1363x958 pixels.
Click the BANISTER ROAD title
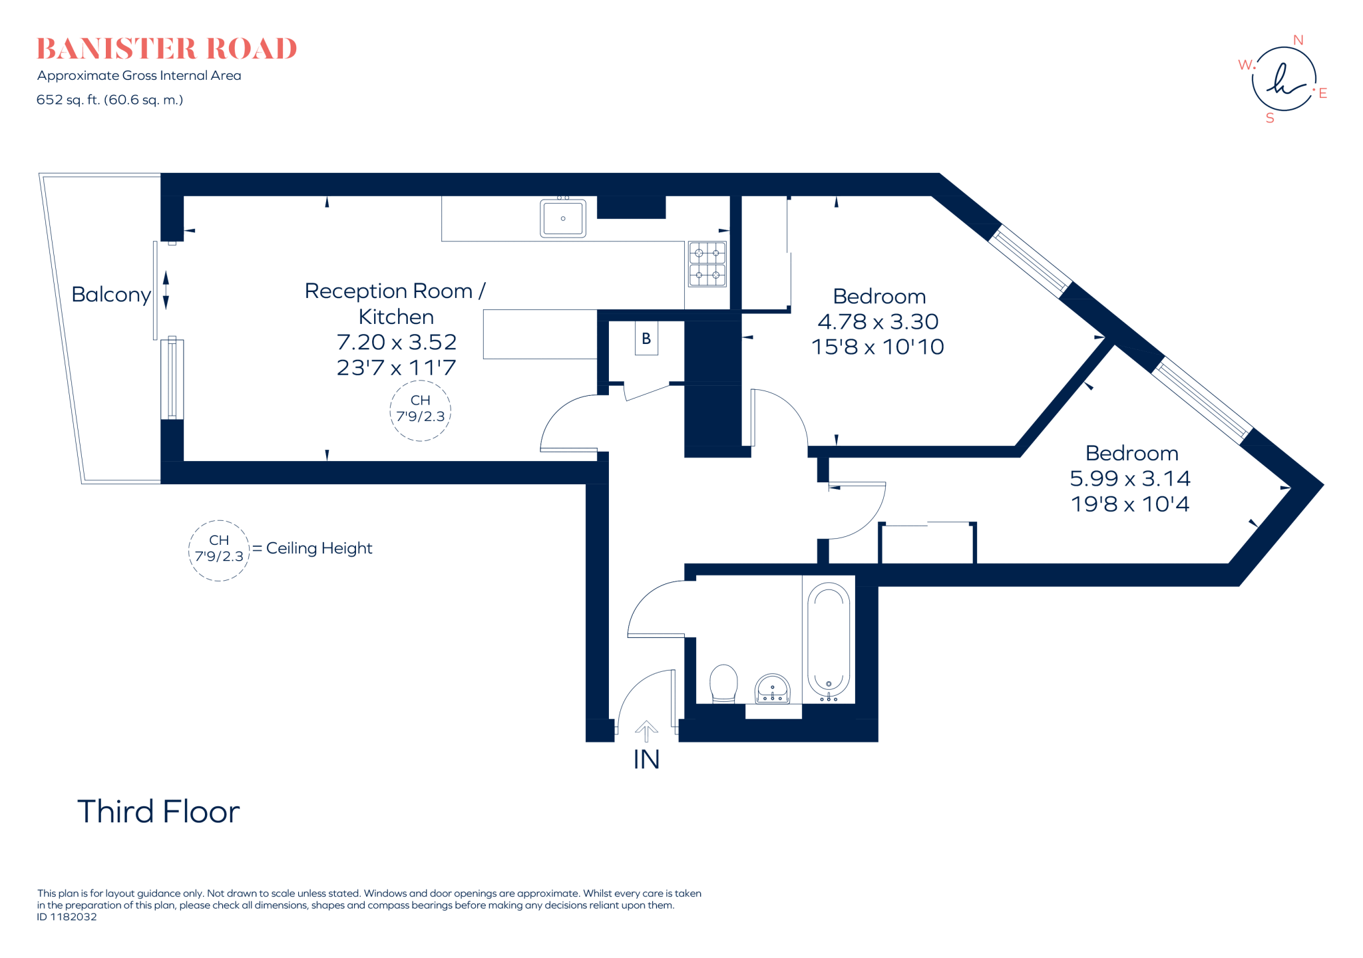point(166,49)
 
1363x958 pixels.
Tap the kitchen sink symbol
point(563,218)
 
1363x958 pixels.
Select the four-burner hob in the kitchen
point(707,264)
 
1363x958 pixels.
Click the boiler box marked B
point(646,339)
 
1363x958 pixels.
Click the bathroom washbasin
point(772,689)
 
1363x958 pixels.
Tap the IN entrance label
point(646,760)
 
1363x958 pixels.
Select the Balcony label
point(111,295)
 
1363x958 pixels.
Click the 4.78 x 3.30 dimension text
point(878,322)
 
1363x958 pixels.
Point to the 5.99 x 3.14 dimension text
point(1129,478)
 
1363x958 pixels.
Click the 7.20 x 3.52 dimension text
point(397,342)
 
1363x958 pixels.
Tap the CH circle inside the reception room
point(420,409)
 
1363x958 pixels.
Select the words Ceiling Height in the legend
point(319,548)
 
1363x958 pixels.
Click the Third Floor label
point(158,812)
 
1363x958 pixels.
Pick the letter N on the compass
point(1298,41)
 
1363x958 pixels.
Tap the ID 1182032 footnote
point(67,917)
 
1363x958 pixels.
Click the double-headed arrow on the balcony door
point(166,290)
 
